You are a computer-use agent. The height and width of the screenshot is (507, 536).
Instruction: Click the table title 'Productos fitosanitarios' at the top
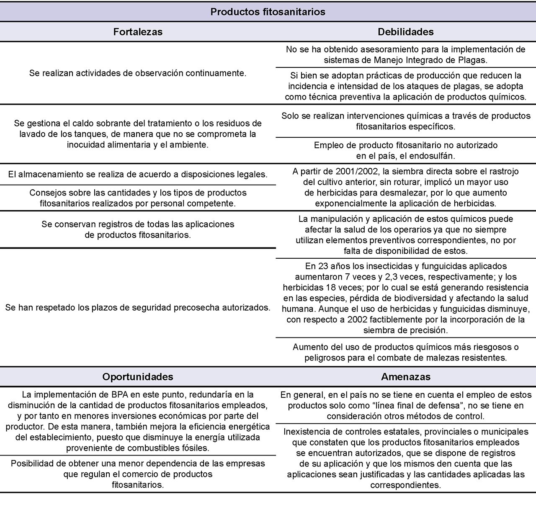(268, 12)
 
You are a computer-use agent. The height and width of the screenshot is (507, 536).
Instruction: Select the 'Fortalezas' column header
(138, 32)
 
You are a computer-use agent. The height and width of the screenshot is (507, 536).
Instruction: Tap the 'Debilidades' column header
(405, 32)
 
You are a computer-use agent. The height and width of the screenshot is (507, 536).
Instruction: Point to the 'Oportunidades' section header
(138, 376)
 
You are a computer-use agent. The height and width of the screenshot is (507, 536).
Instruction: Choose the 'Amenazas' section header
(405, 376)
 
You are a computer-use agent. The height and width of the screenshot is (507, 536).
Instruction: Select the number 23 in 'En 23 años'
(323, 266)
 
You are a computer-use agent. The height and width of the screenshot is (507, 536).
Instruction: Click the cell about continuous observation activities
(138, 73)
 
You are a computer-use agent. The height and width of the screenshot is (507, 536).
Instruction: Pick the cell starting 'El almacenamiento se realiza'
(138, 174)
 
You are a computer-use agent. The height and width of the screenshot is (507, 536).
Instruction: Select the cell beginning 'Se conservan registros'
(138, 229)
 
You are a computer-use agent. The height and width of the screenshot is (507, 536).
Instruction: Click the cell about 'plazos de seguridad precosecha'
(138, 308)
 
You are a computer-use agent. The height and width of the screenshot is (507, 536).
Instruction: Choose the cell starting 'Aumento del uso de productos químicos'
(405, 352)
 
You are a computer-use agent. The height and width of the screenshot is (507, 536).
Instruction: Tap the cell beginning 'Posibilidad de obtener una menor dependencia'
(138, 474)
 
